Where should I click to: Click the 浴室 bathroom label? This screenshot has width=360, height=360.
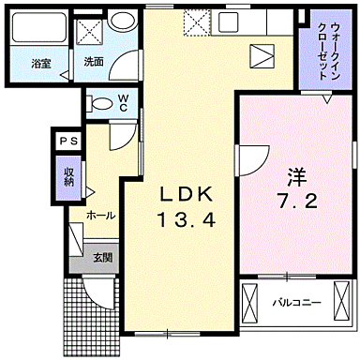39,64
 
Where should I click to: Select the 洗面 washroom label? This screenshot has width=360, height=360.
94,62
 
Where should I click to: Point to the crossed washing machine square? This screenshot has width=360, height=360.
90,31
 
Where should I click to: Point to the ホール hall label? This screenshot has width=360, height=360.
100,215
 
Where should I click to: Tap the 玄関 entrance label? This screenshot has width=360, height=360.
102,257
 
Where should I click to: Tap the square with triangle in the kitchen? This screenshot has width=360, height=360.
261,55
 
